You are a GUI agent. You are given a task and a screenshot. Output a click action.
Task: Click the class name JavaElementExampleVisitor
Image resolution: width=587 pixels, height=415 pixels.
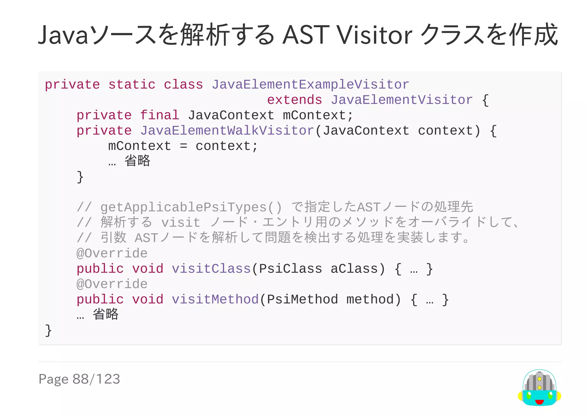pyautogui.click(x=310, y=85)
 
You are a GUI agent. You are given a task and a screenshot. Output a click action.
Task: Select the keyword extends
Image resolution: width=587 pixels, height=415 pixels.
pyautogui.click(x=294, y=100)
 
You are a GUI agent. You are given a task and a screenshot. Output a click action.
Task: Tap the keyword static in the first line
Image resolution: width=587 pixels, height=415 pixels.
pyautogui.click(x=132, y=85)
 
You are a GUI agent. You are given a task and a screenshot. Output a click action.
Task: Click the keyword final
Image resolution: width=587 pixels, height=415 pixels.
pyautogui.click(x=160, y=115)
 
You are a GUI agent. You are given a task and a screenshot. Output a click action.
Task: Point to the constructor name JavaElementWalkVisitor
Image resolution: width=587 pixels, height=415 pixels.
pyautogui.click(x=227, y=131)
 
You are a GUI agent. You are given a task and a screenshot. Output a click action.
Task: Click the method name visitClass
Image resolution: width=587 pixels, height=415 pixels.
pyautogui.click(x=211, y=269)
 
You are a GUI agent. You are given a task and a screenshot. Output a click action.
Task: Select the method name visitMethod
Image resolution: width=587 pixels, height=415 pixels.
pyautogui.click(x=215, y=299)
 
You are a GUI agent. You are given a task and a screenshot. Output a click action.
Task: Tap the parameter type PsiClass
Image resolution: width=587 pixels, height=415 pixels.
pyautogui.click(x=290, y=269)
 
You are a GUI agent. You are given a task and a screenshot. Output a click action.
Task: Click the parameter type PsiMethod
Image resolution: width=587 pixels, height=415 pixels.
pyautogui.click(x=302, y=299)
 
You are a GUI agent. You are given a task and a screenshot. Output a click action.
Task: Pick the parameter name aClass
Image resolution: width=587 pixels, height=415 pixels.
pyautogui.click(x=354, y=269)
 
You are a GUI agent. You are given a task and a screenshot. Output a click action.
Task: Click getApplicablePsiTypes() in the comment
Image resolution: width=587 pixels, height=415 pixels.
pyautogui.click(x=191, y=207)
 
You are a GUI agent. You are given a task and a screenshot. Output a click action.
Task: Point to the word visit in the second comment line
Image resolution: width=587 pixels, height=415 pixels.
pyautogui.click(x=181, y=223)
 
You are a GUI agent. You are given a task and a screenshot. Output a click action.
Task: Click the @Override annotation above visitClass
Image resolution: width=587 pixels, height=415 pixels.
pyautogui.click(x=112, y=254)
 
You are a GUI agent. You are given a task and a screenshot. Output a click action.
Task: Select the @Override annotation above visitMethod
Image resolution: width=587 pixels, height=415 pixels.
pyautogui.click(x=112, y=284)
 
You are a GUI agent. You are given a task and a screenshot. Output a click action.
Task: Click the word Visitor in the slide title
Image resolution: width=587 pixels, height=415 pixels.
pyautogui.click(x=375, y=35)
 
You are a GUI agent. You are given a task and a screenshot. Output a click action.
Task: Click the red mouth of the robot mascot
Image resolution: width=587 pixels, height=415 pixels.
pyautogui.click(x=539, y=402)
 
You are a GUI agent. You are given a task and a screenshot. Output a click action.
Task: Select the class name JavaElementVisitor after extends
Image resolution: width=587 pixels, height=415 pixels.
pyautogui.click(x=402, y=100)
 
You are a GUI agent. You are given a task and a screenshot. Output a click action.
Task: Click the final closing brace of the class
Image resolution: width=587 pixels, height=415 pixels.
pyautogui.click(x=48, y=330)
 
